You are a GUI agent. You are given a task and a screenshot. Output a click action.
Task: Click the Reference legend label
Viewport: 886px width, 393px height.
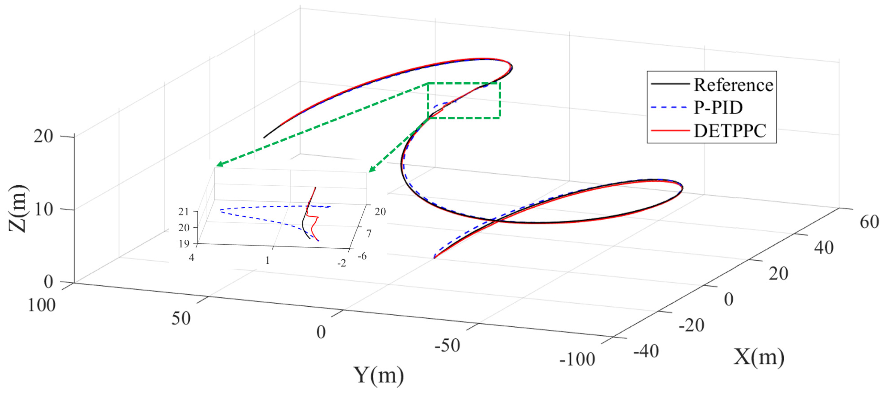pyautogui.click(x=733, y=85)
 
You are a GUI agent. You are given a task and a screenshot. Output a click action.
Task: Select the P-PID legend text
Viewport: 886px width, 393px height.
pyautogui.click(x=718, y=108)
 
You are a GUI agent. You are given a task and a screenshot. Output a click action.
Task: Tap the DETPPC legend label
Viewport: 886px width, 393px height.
pyautogui.click(x=730, y=131)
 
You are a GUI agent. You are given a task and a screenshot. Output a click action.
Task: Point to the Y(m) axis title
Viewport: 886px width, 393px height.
pyautogui.click(x=379, y=375)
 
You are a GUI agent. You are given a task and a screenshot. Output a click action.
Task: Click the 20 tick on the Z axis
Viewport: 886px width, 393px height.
pyautogui.click(x=43, y=136)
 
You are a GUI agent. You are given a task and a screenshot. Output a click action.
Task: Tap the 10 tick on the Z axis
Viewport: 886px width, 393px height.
pyautogui.click(x=43, y=209)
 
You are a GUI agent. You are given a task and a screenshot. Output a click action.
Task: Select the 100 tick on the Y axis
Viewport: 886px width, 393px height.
pyautogui.click(x=41, y=305)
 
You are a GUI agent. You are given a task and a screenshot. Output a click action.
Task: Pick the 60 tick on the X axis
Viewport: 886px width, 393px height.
pyautogui.click(x=869, y=222)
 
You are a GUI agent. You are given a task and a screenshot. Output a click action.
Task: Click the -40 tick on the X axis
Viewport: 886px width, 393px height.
pyautogui.click(x=646, y=351)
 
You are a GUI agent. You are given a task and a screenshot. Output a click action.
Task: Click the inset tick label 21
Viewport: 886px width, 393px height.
pyautogui.click(x=184, y=212)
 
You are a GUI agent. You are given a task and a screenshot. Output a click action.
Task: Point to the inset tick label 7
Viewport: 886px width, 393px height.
pyautogui.click(x=369, y=234)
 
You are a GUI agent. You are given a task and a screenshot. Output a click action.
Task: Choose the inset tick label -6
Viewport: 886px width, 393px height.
pyautogui.click(x=362, y=256)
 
